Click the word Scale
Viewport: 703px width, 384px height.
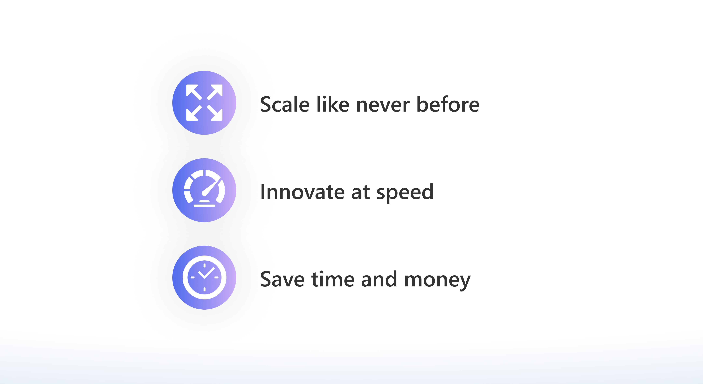[285, 104]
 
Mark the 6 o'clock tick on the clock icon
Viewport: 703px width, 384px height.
[204, 289]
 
